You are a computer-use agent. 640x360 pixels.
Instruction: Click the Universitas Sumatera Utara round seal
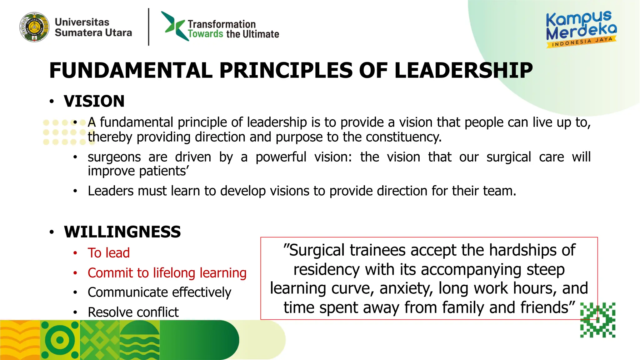point(34,27)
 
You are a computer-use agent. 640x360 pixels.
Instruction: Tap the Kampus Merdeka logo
point(581,29)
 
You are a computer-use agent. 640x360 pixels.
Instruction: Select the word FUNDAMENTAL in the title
point(131,71)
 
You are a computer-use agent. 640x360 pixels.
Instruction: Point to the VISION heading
point(94,101)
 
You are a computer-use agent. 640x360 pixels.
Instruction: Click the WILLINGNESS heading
point(122,232)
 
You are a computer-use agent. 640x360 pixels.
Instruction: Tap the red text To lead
point(108,253)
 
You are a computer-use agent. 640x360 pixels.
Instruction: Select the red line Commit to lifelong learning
point(167,273)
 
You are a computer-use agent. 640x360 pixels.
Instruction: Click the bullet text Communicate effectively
point(159,292)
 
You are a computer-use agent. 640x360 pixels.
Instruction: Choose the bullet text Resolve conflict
point(133,312)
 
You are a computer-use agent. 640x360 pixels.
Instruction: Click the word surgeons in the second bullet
point(114,157)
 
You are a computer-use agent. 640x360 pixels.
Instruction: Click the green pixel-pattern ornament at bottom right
point(597,320)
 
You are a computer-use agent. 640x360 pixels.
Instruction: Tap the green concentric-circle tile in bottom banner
point(60,340)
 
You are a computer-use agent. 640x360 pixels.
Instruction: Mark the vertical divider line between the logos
point(149,27)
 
